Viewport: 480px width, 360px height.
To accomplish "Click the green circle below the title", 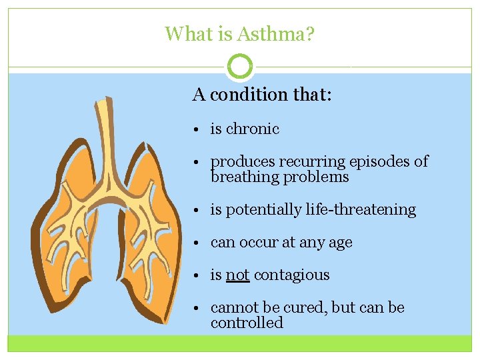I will point(240,67).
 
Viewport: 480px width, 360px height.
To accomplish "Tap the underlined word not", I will point(237,275).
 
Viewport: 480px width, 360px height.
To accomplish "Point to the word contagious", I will point(291,275).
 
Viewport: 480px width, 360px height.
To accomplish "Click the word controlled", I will point(247,323).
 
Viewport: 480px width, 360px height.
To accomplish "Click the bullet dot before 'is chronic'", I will point(200,130).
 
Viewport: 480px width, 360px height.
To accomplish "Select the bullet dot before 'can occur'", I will point(200,243).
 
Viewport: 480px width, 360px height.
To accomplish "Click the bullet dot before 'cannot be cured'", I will point(200,309).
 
